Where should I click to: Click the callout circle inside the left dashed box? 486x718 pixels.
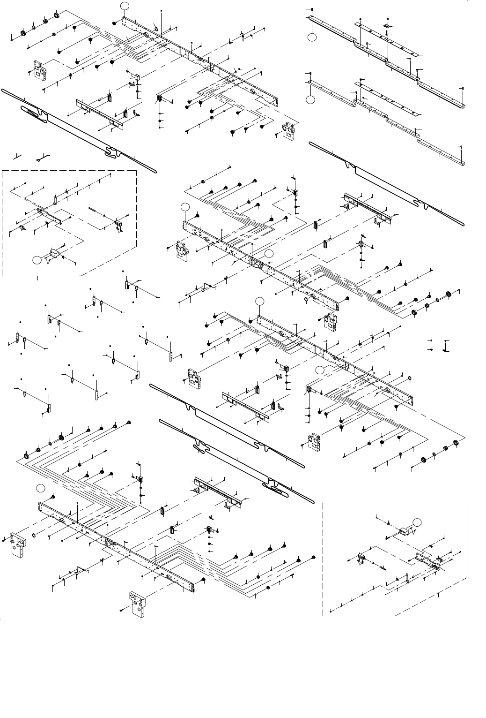pyautogui.click(x=37, y=259)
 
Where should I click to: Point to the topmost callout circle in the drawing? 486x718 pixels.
pyautogui.click(x=124, y=6)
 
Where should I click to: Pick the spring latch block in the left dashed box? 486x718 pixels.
pyautogui.click(x=119, y=225)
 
